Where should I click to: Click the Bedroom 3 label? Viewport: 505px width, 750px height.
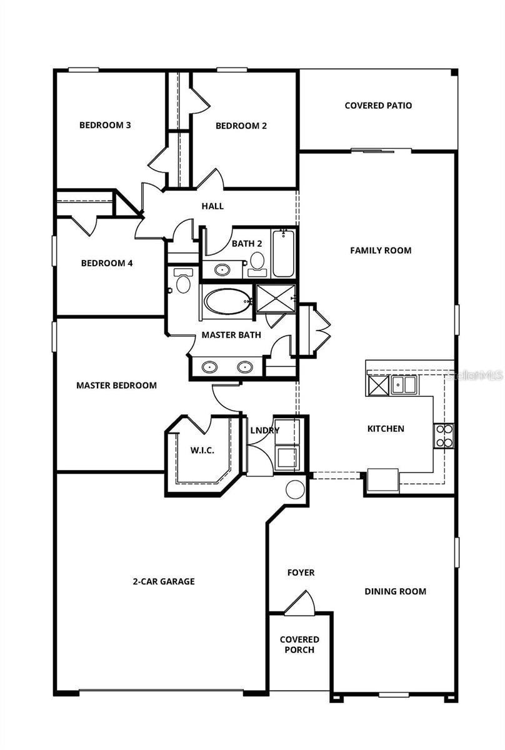[x=105, y=125]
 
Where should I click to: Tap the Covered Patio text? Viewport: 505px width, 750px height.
[x=378, y=106]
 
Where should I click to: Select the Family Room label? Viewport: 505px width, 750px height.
[x=380, y=251]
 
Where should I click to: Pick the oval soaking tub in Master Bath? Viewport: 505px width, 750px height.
[x=227, y=301]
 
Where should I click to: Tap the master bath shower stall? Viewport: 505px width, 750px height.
[x=275, y=297]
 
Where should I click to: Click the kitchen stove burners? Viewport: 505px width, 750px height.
[x=444, y=436]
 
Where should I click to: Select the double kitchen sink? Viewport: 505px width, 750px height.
[x=404, y=384]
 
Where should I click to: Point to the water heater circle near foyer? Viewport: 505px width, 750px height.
[x=295, y=489]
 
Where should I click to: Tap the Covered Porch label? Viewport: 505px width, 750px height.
[x=299, y=644]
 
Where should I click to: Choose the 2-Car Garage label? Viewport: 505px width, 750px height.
[x=164, y=581]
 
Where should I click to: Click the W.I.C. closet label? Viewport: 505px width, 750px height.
[x=202, y=450]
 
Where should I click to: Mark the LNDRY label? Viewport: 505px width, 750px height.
[x=264, y=431]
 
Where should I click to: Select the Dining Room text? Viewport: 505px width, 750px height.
[x=395, y=591]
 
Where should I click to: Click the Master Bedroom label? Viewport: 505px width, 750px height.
[x=116, y=386]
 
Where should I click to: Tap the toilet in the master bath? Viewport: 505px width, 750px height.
[x=183, y=282]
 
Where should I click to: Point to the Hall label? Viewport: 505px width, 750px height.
[x=212, y=206]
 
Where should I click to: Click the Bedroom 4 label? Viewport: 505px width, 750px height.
[x=107, y=263]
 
